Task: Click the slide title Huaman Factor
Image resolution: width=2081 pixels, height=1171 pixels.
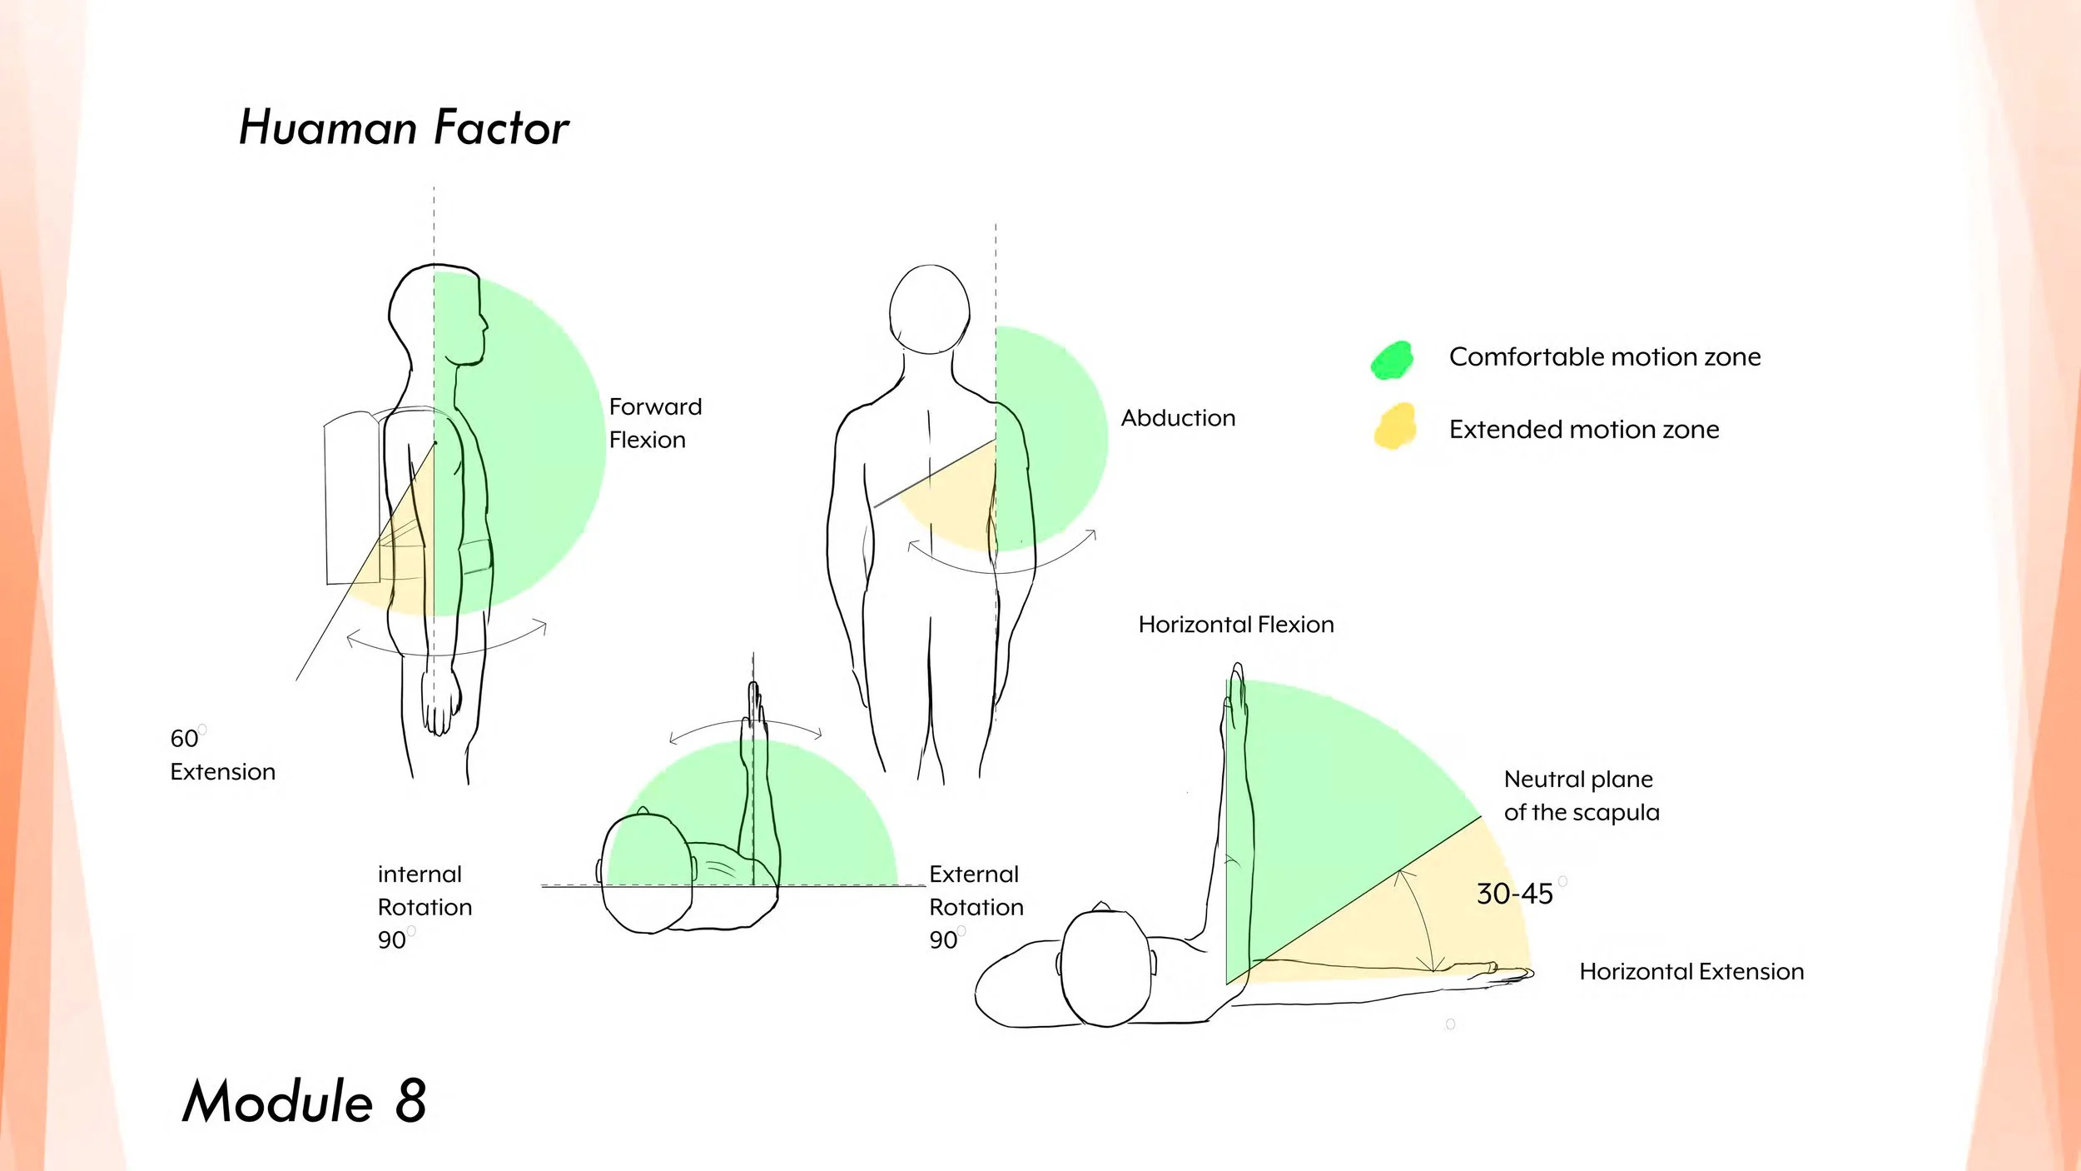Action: pos(404,128)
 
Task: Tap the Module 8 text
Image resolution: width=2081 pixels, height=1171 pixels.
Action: pos(305,1101)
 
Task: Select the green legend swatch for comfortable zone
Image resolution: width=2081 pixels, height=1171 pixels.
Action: pos(1392,361)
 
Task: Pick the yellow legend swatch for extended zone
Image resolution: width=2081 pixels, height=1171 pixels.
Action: pos(1395,426)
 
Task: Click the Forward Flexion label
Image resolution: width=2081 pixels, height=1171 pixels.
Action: pos(655,423)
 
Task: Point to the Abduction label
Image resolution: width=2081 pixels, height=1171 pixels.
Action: pos(1178,418)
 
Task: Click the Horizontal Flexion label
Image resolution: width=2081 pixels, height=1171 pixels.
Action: pos(1235,625)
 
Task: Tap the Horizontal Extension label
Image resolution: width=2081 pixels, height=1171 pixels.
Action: pos(1691,972)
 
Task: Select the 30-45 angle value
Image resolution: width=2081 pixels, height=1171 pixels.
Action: pos(1514,894)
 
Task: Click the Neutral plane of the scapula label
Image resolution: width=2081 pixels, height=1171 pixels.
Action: pos(1581,795)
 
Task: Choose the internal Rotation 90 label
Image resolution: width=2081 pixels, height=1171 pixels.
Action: pos(424,907)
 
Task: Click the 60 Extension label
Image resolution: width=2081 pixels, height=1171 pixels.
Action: pos(221,755)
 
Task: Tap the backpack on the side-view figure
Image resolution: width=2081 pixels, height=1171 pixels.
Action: pos(352,498)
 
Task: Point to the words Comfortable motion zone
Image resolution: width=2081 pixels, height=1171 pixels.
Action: pos(1604,357)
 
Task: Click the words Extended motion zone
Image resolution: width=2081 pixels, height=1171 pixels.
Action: pos(1583,430)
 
